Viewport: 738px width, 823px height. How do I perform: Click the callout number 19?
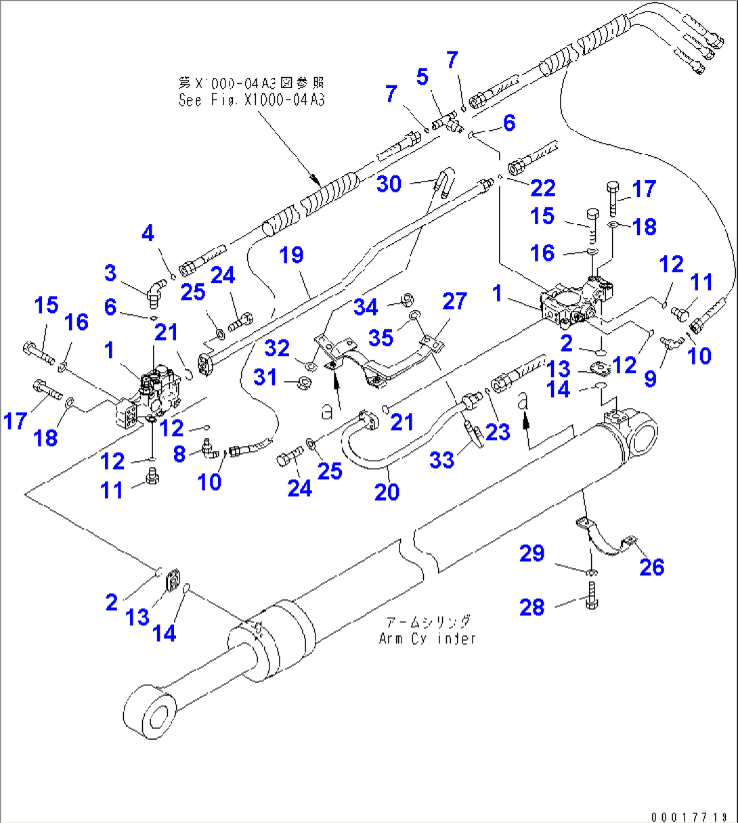coord(292,255)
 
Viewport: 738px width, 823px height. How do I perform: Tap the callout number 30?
coord(389,184)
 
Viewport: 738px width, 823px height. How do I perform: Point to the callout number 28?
coord(531,607)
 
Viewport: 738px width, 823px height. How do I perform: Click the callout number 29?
coord(531,553)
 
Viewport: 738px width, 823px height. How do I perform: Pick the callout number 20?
coord(387,492)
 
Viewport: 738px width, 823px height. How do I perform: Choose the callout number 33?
coord(442,460)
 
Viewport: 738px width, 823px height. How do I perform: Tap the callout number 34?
coord(366,307)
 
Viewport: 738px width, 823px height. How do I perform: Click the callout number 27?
coord(454,301)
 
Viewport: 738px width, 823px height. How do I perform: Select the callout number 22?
coord(542,188)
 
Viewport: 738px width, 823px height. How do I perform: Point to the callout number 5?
coord(422,77)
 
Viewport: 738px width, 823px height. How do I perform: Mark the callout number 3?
coord(110,273)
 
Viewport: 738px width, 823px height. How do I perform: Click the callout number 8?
coord(179,454)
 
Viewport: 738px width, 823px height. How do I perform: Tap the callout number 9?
coord(650,378)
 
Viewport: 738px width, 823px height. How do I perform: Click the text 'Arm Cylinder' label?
coord(427,638)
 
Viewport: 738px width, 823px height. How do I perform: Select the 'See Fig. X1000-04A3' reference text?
coord(251,100)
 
